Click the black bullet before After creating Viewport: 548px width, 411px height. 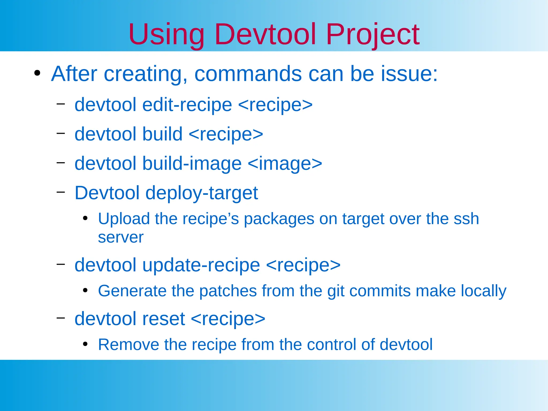37,73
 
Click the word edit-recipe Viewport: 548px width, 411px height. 187,105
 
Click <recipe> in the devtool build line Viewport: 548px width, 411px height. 226,134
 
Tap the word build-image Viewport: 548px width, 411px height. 192,163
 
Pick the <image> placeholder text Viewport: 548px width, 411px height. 285,163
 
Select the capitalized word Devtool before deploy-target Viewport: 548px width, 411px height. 107,193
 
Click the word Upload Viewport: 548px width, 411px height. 124,219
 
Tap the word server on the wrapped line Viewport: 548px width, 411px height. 121,237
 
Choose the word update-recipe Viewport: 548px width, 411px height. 201,265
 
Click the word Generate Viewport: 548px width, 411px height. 132,291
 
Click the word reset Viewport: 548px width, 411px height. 163,319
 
